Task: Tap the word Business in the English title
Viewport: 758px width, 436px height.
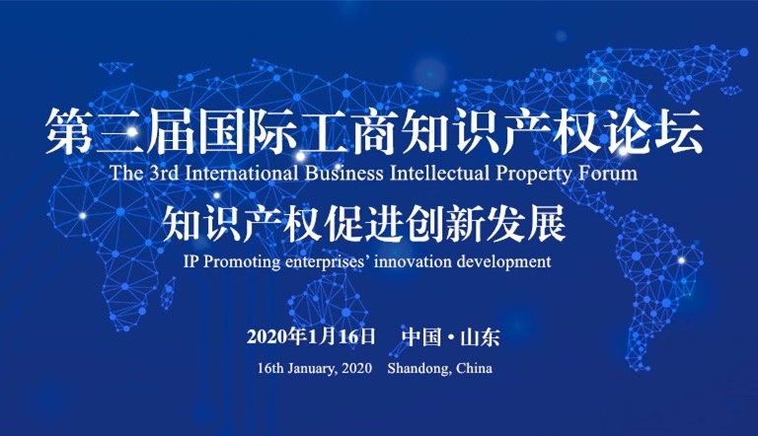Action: tap(343, 173)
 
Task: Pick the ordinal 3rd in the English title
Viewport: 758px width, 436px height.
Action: tap(165, 173)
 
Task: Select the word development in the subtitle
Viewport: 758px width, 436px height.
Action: tap(503, 262)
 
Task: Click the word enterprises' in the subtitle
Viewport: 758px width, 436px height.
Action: tap(328, 262)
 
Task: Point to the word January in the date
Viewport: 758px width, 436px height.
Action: tap(312, 369)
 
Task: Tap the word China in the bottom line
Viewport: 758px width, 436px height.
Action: tap(474, 368)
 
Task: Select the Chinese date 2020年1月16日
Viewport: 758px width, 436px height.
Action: tap(311, 336)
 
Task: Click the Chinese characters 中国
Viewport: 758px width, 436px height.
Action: tap(421, 336)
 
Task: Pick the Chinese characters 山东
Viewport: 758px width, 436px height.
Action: tap(480, 337)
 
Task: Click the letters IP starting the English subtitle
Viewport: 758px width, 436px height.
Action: tap(190, 261)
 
